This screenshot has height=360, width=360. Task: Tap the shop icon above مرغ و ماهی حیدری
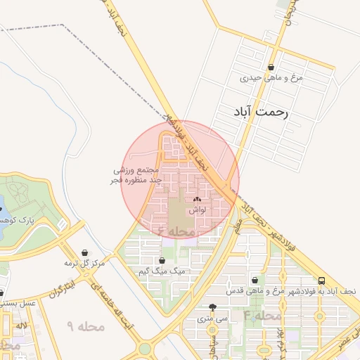click(x=271, y=67)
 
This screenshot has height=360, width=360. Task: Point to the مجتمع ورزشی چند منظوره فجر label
click(x=139, y=176)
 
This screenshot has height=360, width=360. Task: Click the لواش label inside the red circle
click(x=197, y=210)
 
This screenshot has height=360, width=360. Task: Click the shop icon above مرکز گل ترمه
click(x=85, y=252)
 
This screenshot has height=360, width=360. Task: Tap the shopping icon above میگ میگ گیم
click(x=162, y=260)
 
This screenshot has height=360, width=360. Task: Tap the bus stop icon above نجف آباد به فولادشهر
click(x=321, y=280)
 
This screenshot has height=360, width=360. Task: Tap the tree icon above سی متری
click(x=213, y=307)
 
